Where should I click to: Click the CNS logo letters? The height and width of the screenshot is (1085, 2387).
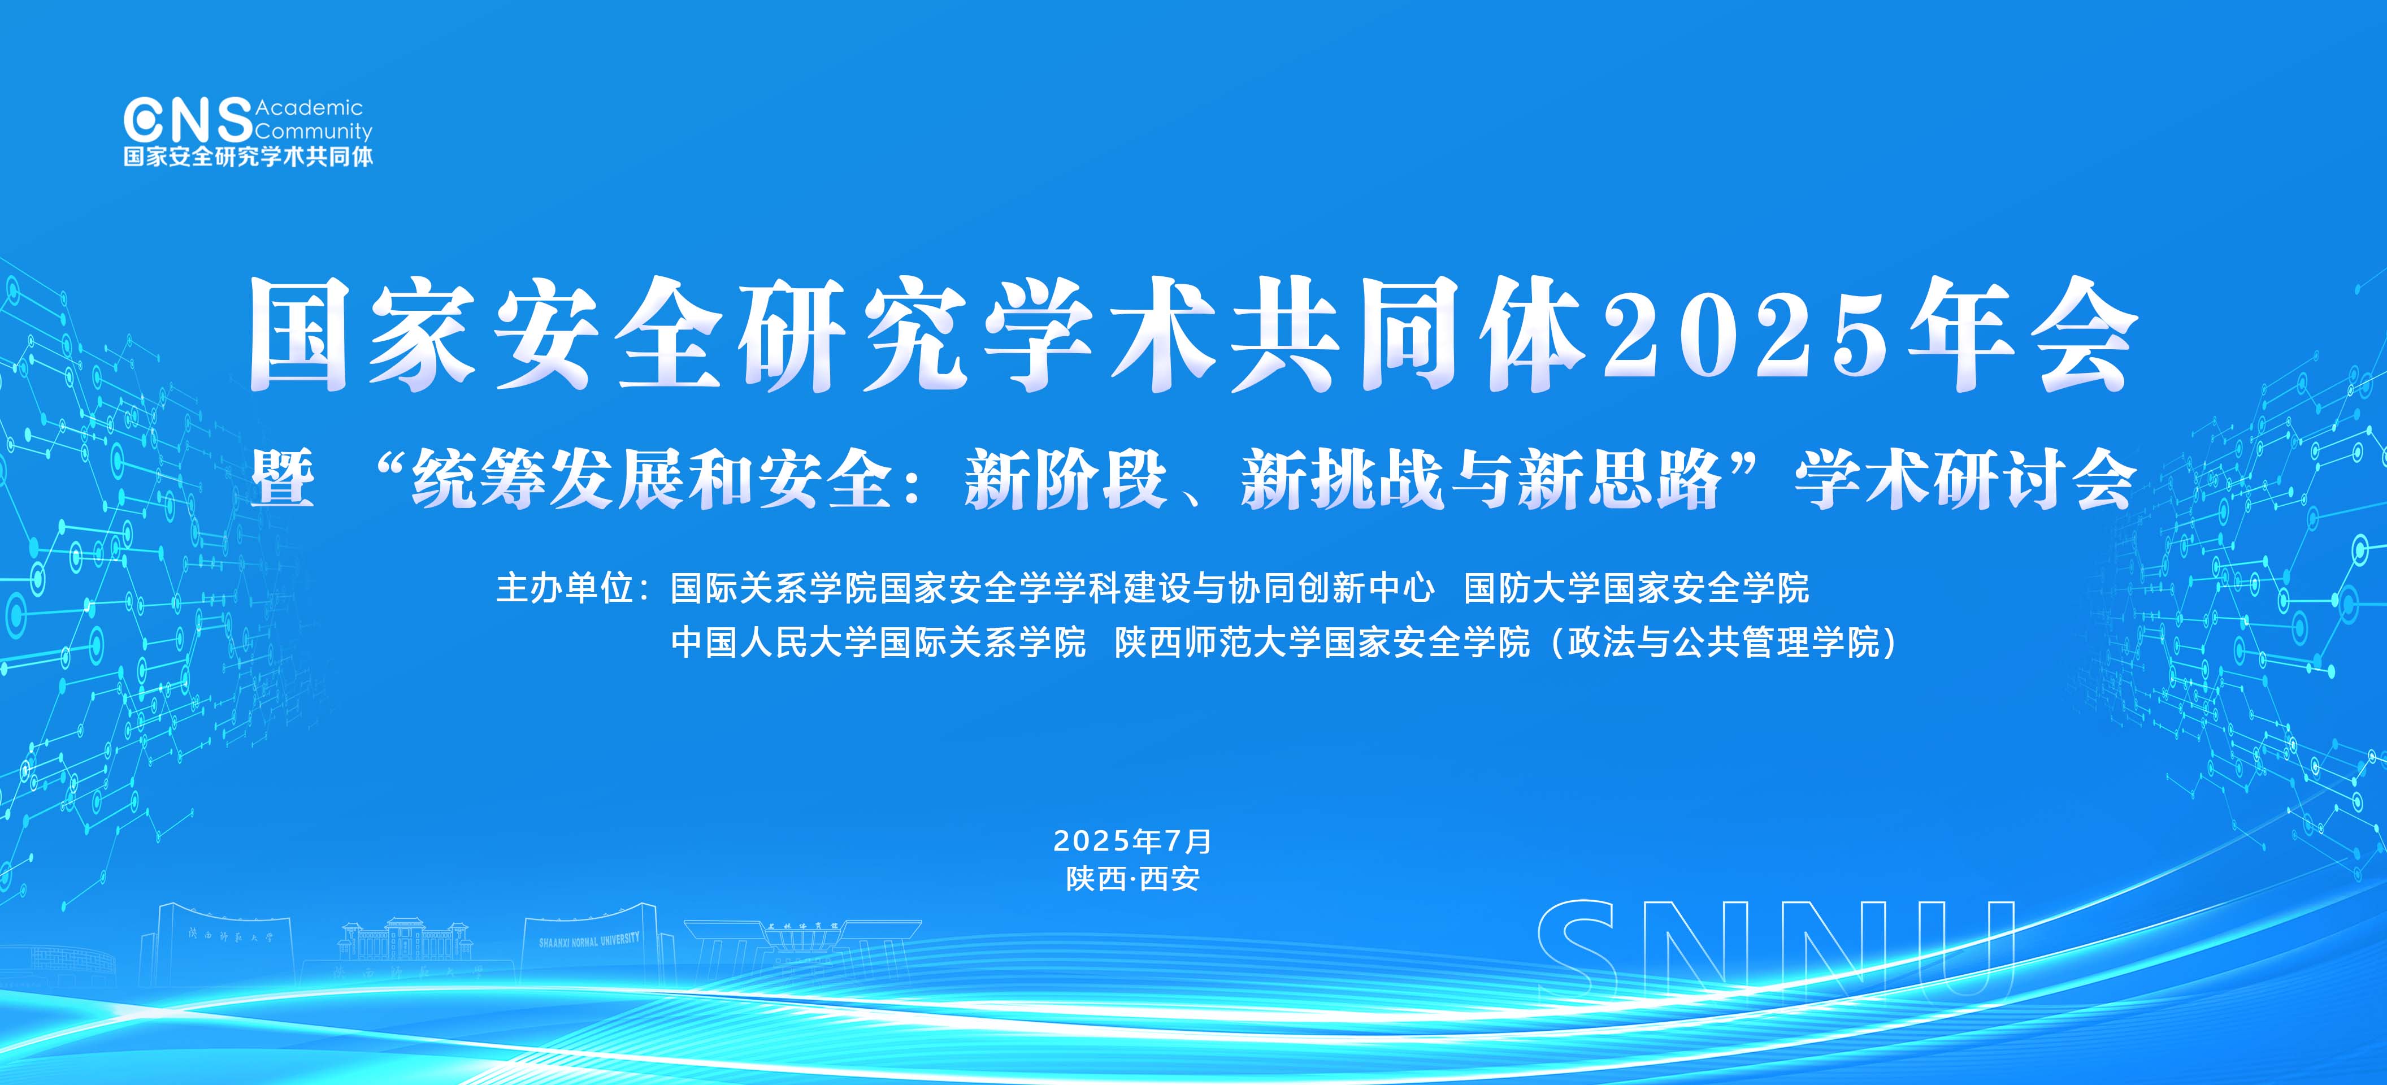click(x=188, y=120)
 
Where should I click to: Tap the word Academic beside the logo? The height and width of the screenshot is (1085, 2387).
click(x=310, y=107)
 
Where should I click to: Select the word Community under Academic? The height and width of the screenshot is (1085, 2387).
click(x=314, y=132)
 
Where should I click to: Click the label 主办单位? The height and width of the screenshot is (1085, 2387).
click(x=565, y=588)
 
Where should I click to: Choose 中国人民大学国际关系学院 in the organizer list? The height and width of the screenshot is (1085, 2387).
click(x=878, y=642)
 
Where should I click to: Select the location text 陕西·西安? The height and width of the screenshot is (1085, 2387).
click(x=1132, y=878)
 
